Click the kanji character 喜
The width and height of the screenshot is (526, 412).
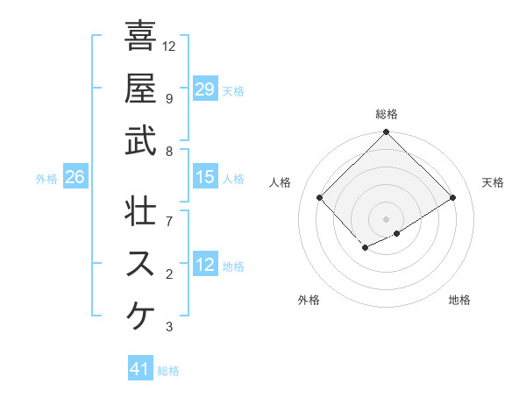click(140, 36)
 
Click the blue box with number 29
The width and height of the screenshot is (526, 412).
click(204, 89)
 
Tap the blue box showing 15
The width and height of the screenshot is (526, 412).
click(204, 177)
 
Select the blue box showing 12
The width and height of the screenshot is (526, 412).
click(204, 265)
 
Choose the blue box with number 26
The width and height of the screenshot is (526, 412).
click(75, 177)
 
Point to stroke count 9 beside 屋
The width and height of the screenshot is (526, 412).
click(169, 98)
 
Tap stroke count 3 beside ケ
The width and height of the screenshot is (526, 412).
click(169, 327)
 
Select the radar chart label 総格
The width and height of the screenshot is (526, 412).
click(387, 114)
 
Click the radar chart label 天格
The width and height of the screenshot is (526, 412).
click(494, 182)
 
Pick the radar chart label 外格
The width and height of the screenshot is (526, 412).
click(309, 300)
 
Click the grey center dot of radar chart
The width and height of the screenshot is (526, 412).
click(386, 218)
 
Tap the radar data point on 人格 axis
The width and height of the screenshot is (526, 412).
click(320, 197)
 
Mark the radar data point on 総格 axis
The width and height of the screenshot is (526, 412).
click(386, 133)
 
